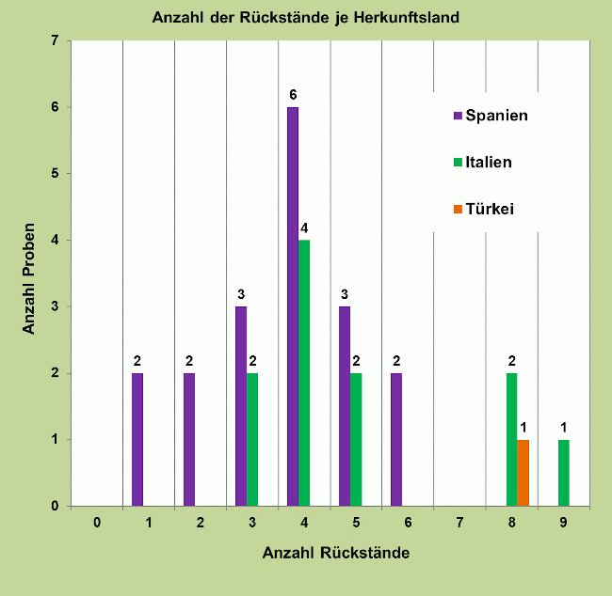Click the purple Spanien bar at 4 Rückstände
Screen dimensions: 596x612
(293, 306)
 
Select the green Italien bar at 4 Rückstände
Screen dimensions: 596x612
(304, 373)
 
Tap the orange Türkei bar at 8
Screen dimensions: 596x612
(523, 473)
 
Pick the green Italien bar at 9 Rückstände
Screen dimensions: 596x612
(564, 473)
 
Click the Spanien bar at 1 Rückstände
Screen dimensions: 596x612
(137, 440)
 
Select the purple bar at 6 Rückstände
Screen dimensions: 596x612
(396, 440)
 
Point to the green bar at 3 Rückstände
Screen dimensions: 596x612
(252, 440)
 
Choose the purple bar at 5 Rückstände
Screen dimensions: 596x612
(345, 406)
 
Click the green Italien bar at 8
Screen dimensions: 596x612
(512, 440)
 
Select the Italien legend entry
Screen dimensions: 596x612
(482, 162)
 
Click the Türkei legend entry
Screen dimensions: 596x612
(483, 208)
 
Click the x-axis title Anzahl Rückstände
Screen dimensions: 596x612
(335, 553)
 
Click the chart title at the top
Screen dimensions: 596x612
(306, 17)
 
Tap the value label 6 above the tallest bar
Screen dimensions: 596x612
(293, 94)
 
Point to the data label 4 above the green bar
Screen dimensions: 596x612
(304, 227)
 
